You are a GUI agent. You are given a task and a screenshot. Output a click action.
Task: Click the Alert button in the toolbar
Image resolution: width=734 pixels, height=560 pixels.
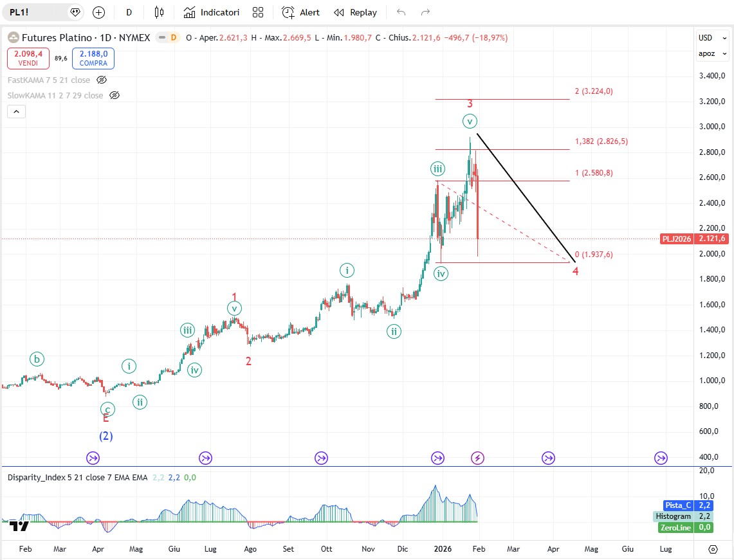(300, 12)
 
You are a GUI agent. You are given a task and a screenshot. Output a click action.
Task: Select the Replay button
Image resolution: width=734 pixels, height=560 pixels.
(355, 12)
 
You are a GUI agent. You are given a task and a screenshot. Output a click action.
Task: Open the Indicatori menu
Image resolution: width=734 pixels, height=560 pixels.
(212, 12)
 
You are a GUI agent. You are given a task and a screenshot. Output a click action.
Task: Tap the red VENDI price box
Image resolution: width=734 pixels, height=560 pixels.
(28, 59)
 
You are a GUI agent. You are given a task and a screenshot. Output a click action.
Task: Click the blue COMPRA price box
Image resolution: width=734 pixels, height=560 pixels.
(93, 59)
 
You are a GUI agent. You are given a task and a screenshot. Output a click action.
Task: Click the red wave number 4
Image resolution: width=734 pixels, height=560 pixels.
(576, 271)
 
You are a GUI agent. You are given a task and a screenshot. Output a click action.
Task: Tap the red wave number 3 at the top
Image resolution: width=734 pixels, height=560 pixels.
(470, 104)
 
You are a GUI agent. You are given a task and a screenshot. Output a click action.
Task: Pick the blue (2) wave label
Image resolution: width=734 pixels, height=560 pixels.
(106, 436)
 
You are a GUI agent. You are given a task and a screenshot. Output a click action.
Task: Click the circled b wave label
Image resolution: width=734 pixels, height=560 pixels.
(38, 359)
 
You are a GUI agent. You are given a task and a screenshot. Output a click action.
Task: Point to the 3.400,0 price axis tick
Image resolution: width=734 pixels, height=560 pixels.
(712, 76)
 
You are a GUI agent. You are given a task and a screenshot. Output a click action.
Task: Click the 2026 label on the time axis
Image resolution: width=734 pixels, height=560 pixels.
(443, 549)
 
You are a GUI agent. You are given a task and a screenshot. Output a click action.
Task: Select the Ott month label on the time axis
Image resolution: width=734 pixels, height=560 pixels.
(327, 549)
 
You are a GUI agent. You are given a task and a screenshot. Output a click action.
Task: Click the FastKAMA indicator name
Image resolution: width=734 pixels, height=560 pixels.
(49, 80)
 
